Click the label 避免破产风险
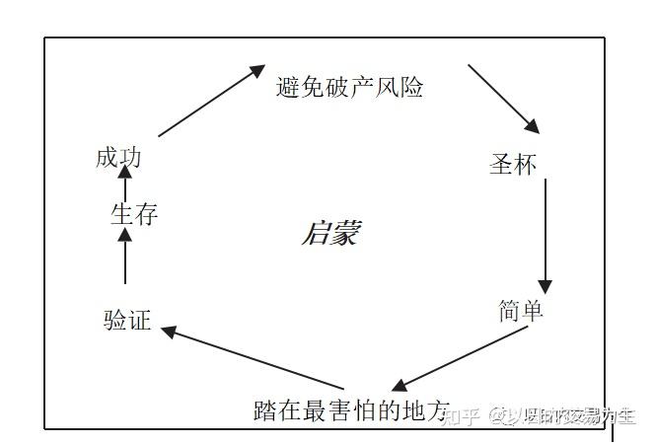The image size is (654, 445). (x=350, y=88)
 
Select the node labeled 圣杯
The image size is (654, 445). (x=513, y=164)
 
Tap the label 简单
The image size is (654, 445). (x=521, y=311)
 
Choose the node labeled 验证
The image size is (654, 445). (x=127, y=320)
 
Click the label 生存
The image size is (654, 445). (x=134, y=214)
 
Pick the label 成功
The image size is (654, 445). (x=119, y=157)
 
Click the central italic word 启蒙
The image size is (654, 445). (x=330, y=235)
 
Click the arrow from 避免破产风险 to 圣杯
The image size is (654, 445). (x=504, y=100)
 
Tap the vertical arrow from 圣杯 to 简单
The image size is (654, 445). (x=545, y=237)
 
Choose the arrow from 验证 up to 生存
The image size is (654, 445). (x=125, y=259)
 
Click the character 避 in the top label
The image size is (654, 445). (x=287, y=88)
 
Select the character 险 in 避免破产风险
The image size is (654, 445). (x=412, y=88)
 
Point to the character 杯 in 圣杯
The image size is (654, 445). (x=525, y=164)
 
